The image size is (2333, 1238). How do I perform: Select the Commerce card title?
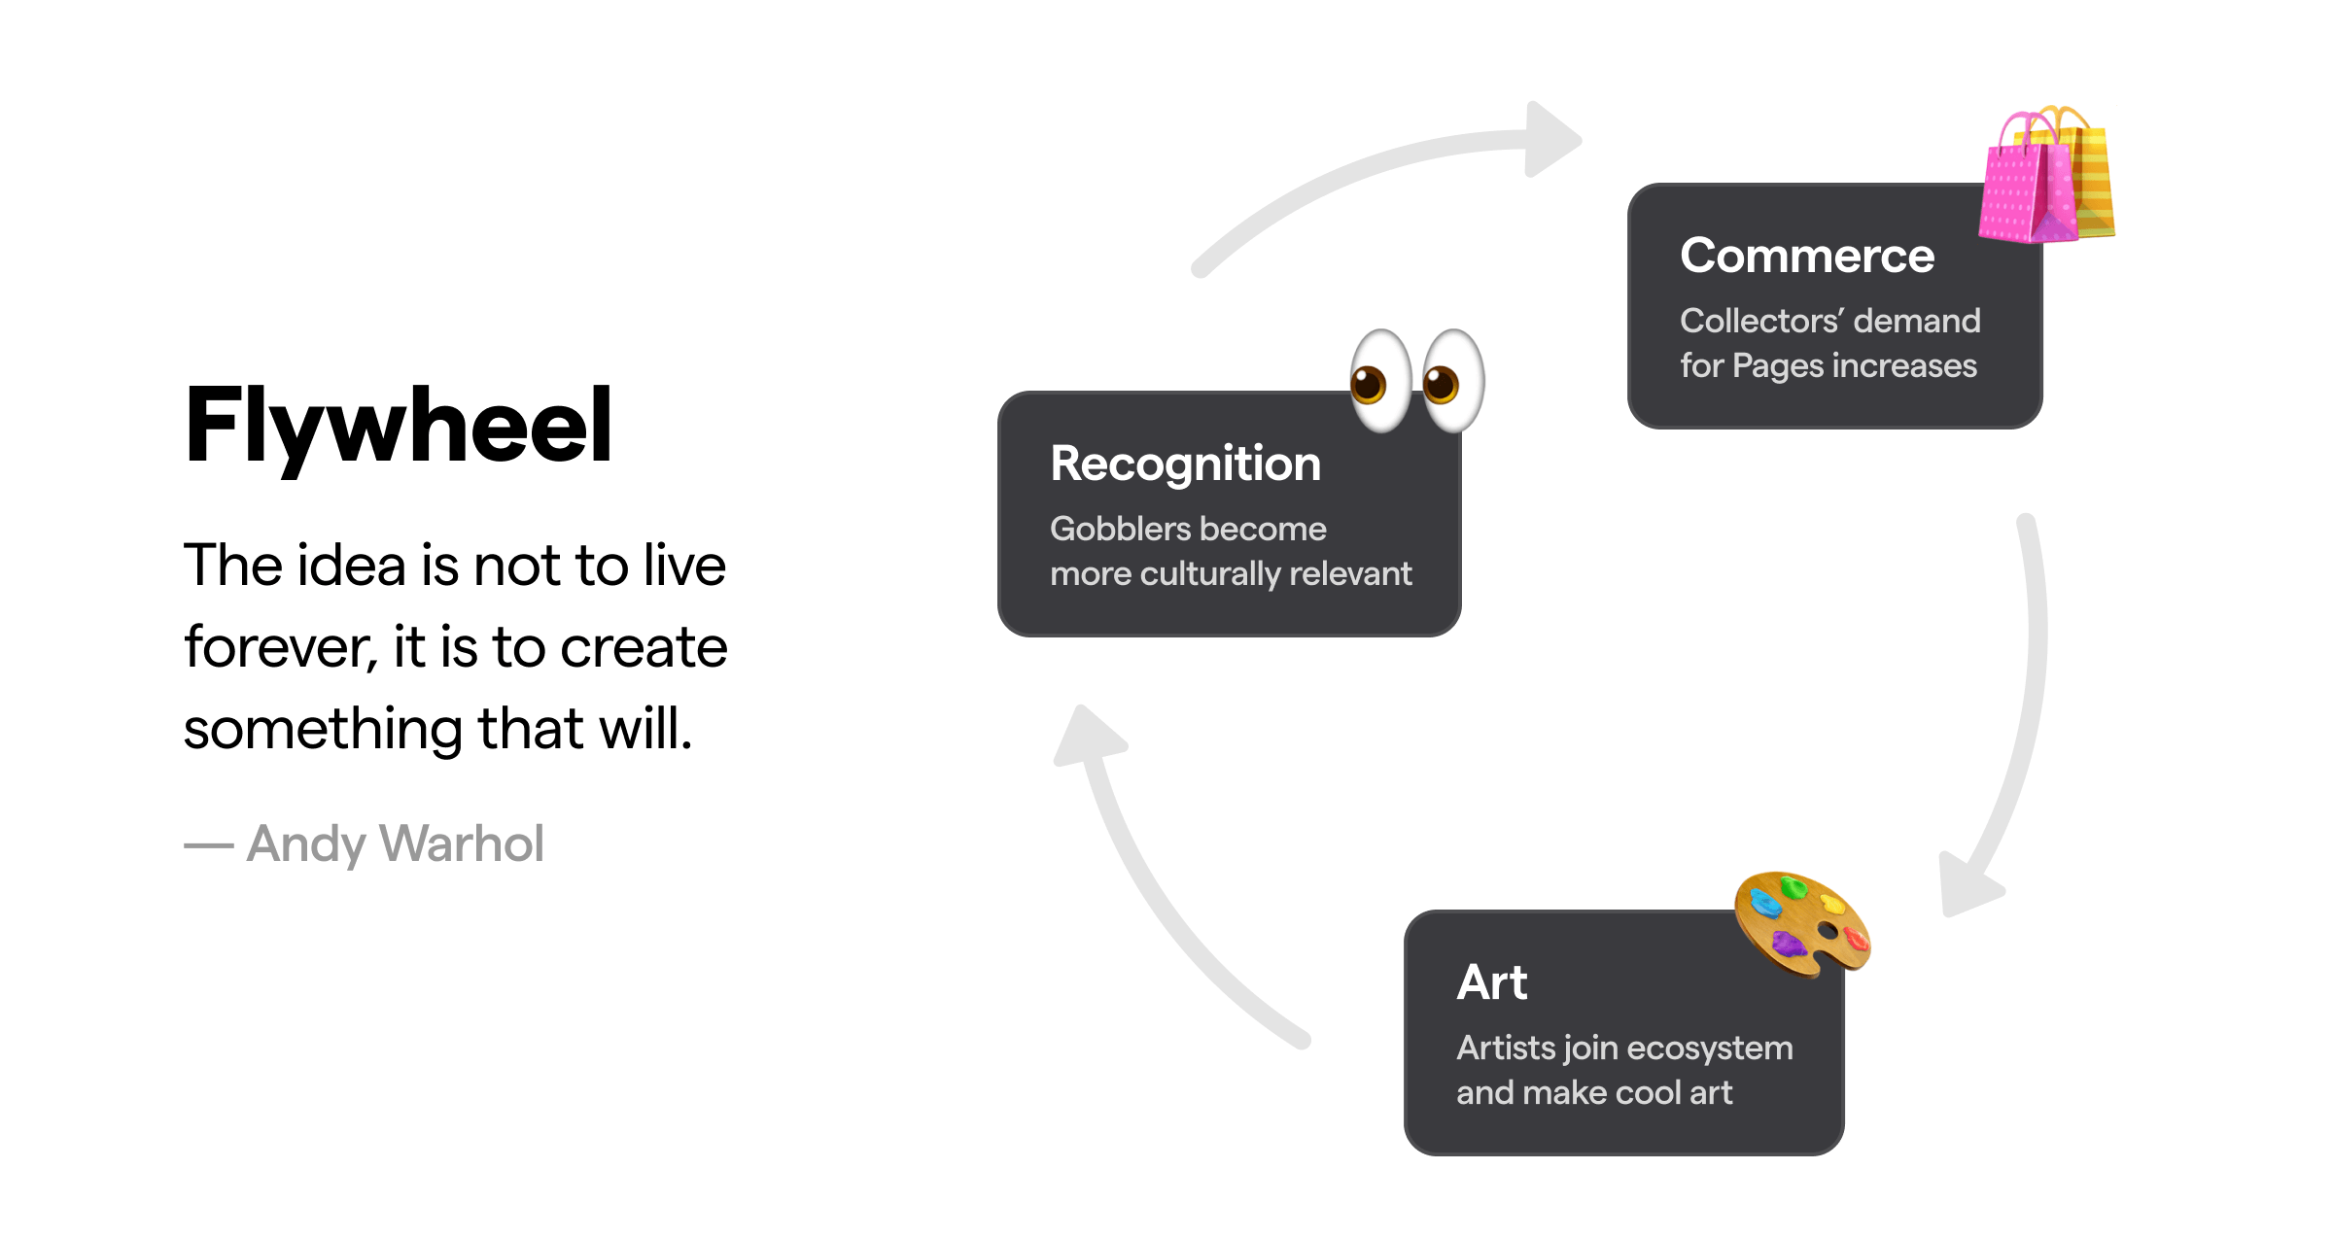click(x=1807, y=256)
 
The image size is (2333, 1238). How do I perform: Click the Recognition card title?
click(x=1186, y=464)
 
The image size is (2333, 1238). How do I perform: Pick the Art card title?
click(x=1492, y=982)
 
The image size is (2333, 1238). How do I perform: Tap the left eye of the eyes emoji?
click(x=1380, y=381)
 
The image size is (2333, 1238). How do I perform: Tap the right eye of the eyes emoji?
click(x=1453, y=381)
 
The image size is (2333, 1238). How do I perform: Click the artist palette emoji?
click(x=1803, y=923)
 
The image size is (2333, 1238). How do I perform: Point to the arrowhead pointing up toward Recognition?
click(x=1087, y=736)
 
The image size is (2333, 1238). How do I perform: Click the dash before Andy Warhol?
click(x=209, y=845)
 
